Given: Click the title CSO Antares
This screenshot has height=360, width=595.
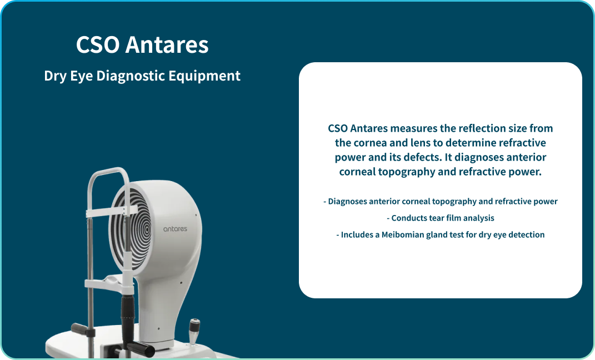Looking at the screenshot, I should coord(142,45).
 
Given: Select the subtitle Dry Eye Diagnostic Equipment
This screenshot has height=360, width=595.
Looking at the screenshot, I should coord(142,76).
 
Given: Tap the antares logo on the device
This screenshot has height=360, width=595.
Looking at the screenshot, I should coord(175,229).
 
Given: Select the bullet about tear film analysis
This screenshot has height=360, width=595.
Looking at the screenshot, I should coord(440,218).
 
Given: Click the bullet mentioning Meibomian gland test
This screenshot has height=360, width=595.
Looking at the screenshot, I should coord(440,235).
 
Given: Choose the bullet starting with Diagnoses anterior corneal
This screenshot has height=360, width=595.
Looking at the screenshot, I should coord(440,202).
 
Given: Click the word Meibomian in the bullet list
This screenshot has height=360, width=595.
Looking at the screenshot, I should coord(402,235).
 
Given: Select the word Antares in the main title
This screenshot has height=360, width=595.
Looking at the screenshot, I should coord(167,45).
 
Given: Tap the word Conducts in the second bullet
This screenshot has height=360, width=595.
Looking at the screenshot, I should coord(409,218).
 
